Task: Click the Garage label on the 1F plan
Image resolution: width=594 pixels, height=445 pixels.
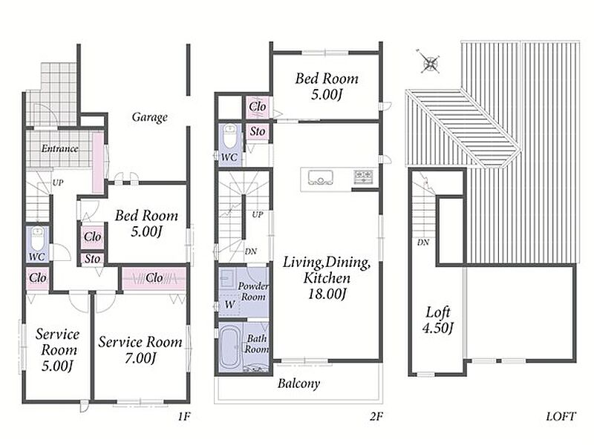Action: (x=150, y=117)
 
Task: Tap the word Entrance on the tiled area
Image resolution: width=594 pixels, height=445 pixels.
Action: (x=60, y=148)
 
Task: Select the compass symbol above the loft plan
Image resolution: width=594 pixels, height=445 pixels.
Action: (x=430, y=62)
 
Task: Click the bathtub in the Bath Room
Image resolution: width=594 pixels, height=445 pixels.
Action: (x=230, y=347)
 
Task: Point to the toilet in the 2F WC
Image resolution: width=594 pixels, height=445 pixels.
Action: (x=229, y=137)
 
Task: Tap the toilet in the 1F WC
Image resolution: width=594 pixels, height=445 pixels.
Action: (x=38, y=238)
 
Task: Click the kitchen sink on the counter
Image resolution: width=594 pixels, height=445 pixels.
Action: (x=321, y=177)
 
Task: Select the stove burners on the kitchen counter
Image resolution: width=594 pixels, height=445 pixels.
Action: (x=364, y=177)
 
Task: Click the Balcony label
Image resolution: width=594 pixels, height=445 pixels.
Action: (x=299, y=383)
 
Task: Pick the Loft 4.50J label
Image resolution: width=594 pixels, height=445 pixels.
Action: (x=438, y=320)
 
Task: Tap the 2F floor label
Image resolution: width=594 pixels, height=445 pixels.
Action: (x=376, y=417)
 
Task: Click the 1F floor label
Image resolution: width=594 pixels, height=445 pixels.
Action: (x=183, y=417)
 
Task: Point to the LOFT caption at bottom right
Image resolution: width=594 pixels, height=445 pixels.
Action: (x=561, y=417)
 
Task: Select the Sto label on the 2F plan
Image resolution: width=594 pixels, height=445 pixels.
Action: (x=258, y=131)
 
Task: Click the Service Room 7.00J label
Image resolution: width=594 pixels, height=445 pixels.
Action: (x=140, y=349)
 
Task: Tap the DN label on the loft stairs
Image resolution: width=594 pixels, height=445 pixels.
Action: (x=423, y=243)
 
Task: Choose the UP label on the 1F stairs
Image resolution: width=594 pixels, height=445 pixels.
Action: (x=58, y=182)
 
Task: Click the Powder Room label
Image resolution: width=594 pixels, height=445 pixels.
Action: (x=253, y=291)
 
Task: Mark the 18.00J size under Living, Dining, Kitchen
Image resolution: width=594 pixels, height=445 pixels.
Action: (x=327, y=294)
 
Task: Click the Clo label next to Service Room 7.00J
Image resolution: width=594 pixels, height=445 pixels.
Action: (x=154, y=278)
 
